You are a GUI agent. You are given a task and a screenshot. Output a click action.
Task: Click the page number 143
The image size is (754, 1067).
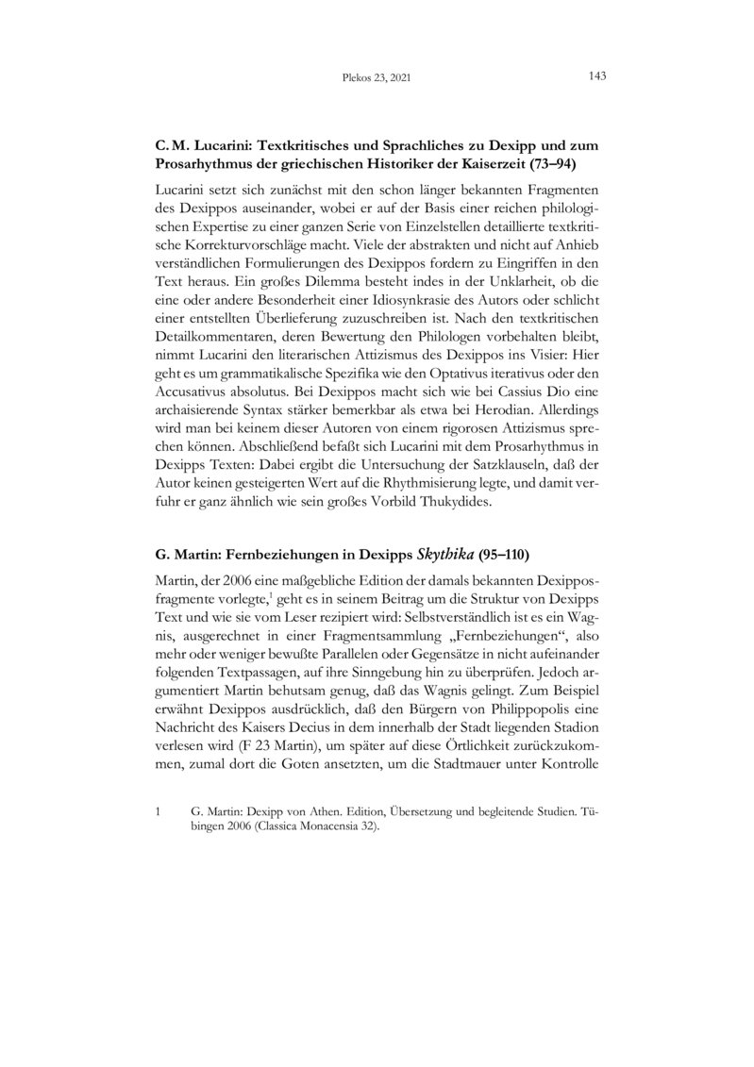(596, 75)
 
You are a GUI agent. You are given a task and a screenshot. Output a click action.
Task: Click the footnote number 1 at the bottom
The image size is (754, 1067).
(158, 810)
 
